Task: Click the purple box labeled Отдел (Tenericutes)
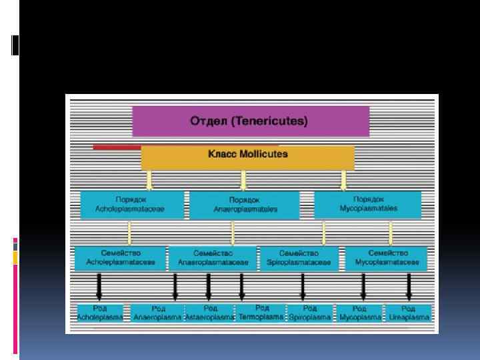(x=250, y=121)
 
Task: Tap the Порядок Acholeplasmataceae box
(x=131, y=205)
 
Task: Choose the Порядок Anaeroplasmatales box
(x=245, y=205)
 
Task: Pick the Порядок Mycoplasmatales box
(x=367, y=205)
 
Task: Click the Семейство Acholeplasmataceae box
(x=121, y=258)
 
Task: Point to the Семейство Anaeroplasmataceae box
(x=213, y=258)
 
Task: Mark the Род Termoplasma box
(x=261, y=313)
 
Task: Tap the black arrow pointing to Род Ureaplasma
(x=409, y=287)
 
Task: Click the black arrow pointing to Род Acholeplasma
(x=99, y=287)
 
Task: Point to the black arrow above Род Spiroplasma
(x=303, y=287)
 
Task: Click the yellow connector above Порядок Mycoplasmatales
(x=344, y=180)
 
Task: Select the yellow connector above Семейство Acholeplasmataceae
(x=129, y=233)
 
